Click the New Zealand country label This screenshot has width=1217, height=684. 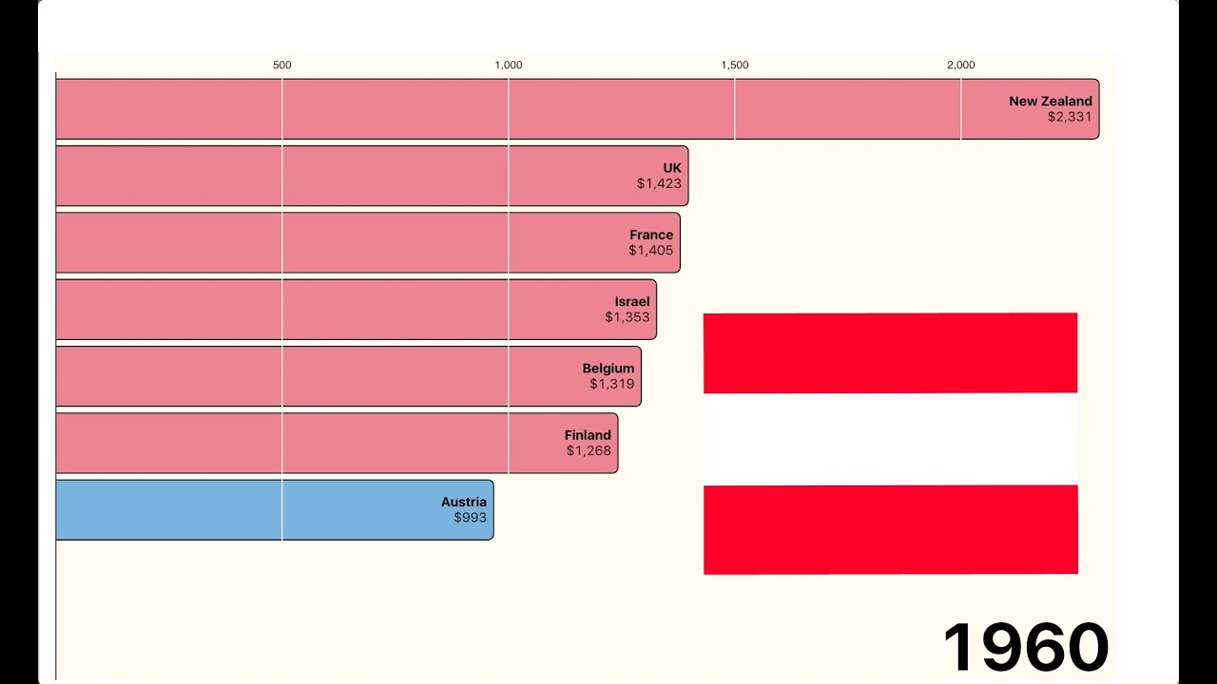[1050, 101]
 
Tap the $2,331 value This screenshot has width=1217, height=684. [1070, 117]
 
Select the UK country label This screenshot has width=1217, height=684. [672, 168]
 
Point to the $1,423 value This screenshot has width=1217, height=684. [659, 183]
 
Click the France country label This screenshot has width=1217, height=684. [650, 235]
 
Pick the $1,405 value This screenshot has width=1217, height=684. [650, 251]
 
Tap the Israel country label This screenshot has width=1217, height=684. [631, 302]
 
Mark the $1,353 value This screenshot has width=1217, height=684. [627, 317]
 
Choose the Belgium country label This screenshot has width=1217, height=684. [608, 369]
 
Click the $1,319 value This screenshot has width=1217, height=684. [611, 384]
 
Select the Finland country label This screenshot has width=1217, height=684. [588, 435]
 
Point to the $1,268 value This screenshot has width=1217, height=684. [589, 450]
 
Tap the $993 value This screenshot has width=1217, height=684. [470, 518]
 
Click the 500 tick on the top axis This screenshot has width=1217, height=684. [282, 66]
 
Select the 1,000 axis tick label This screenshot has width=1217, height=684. [509, 66]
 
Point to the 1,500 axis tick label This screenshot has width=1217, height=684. [735, 66]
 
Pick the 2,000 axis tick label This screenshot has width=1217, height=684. [960, 66]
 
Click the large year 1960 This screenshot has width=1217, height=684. [1025, 647]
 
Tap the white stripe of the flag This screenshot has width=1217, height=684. [890, 439]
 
